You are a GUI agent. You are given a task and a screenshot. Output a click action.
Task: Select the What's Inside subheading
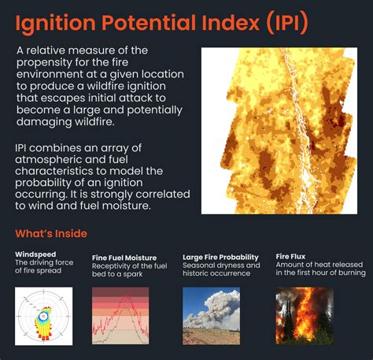click(x=51, y=233)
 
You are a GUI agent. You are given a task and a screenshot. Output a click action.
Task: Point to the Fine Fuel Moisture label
click(x=124, y=258)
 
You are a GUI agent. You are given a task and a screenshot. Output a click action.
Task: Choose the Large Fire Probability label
click(x=220, y=257)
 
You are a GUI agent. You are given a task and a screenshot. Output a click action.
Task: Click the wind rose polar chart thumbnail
click(x=43, y=316)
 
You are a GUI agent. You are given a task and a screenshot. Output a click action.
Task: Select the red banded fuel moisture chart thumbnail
click(x=120, y=316)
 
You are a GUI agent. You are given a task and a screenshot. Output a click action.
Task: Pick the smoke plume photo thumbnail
click(x=211, y=316)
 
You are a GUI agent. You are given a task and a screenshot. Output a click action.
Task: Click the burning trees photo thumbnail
click(x=304, y=316)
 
